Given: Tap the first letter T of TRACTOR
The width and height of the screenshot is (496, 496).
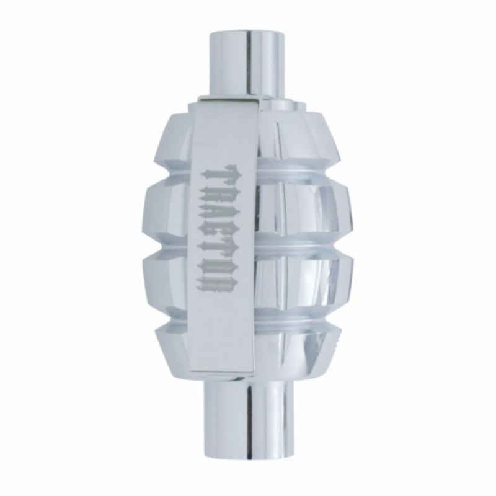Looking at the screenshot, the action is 221,175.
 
